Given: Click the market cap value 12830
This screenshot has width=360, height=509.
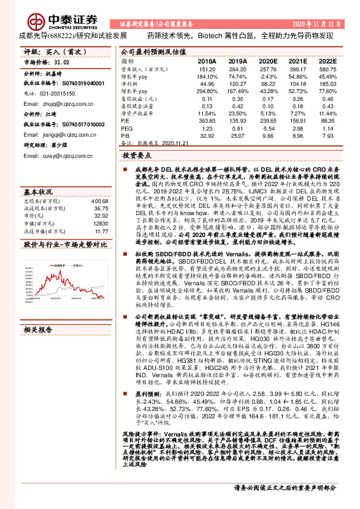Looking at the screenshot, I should tap(100, 224).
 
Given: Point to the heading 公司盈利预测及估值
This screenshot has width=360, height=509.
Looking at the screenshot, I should tap(150, 52).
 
